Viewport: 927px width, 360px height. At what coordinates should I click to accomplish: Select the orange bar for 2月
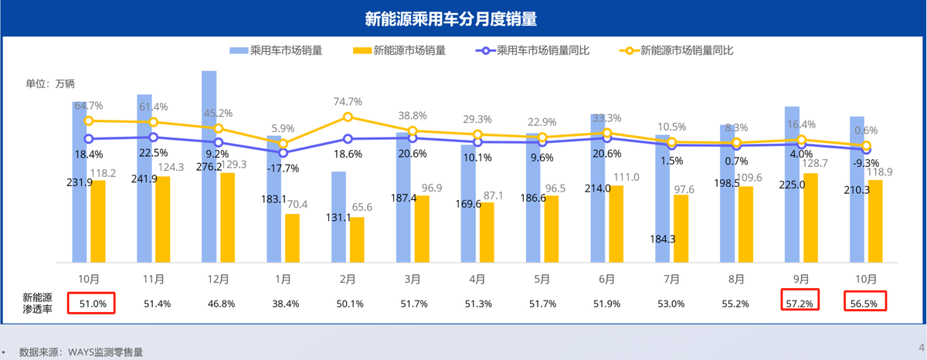(x=356, y=239)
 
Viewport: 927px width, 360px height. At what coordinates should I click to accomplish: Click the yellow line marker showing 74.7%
(x=348, y=117)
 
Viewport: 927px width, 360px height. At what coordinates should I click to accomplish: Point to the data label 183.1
(x=273, y=199)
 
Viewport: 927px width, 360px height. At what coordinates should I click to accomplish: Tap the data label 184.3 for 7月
(x=662, y=239)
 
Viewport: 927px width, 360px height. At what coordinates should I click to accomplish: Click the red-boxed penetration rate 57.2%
(x=800, y=304)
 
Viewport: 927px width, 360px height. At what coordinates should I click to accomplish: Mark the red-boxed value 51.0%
(x=91, y=304)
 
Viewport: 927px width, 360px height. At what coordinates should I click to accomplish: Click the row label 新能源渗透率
(x=38, y=303)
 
